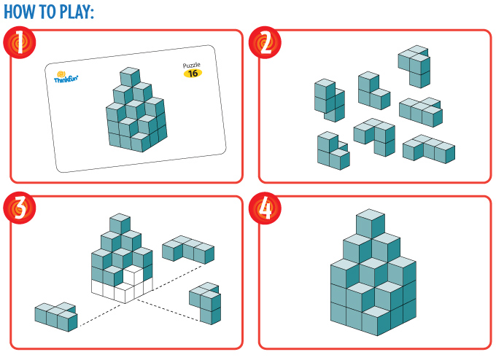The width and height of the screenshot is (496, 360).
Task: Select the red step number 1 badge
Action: pos(19,42)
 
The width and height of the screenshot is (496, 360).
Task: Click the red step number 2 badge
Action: pos(265,42)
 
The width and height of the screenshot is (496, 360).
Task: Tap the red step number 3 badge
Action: pos(19,208)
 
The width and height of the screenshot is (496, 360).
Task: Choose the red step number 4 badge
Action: pos(265,208)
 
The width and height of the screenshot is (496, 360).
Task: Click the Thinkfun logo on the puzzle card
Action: pos(66,77)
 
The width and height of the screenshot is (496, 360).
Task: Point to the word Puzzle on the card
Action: pos(192,65)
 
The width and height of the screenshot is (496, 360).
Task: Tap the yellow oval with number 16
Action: pos(193,74)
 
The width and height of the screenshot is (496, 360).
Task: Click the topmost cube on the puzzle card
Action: pos(130,77)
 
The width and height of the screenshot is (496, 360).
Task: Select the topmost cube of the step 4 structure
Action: pos(371,223)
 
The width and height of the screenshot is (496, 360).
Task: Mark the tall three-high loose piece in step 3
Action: pos(206,302)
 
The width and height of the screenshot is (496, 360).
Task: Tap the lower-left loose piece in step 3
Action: pos(56,317)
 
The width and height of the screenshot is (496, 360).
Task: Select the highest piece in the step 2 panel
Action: pos(414,66)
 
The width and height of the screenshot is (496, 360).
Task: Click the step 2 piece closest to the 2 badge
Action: pos(330,100)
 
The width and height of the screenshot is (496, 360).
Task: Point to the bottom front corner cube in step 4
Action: pos(377,321)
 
